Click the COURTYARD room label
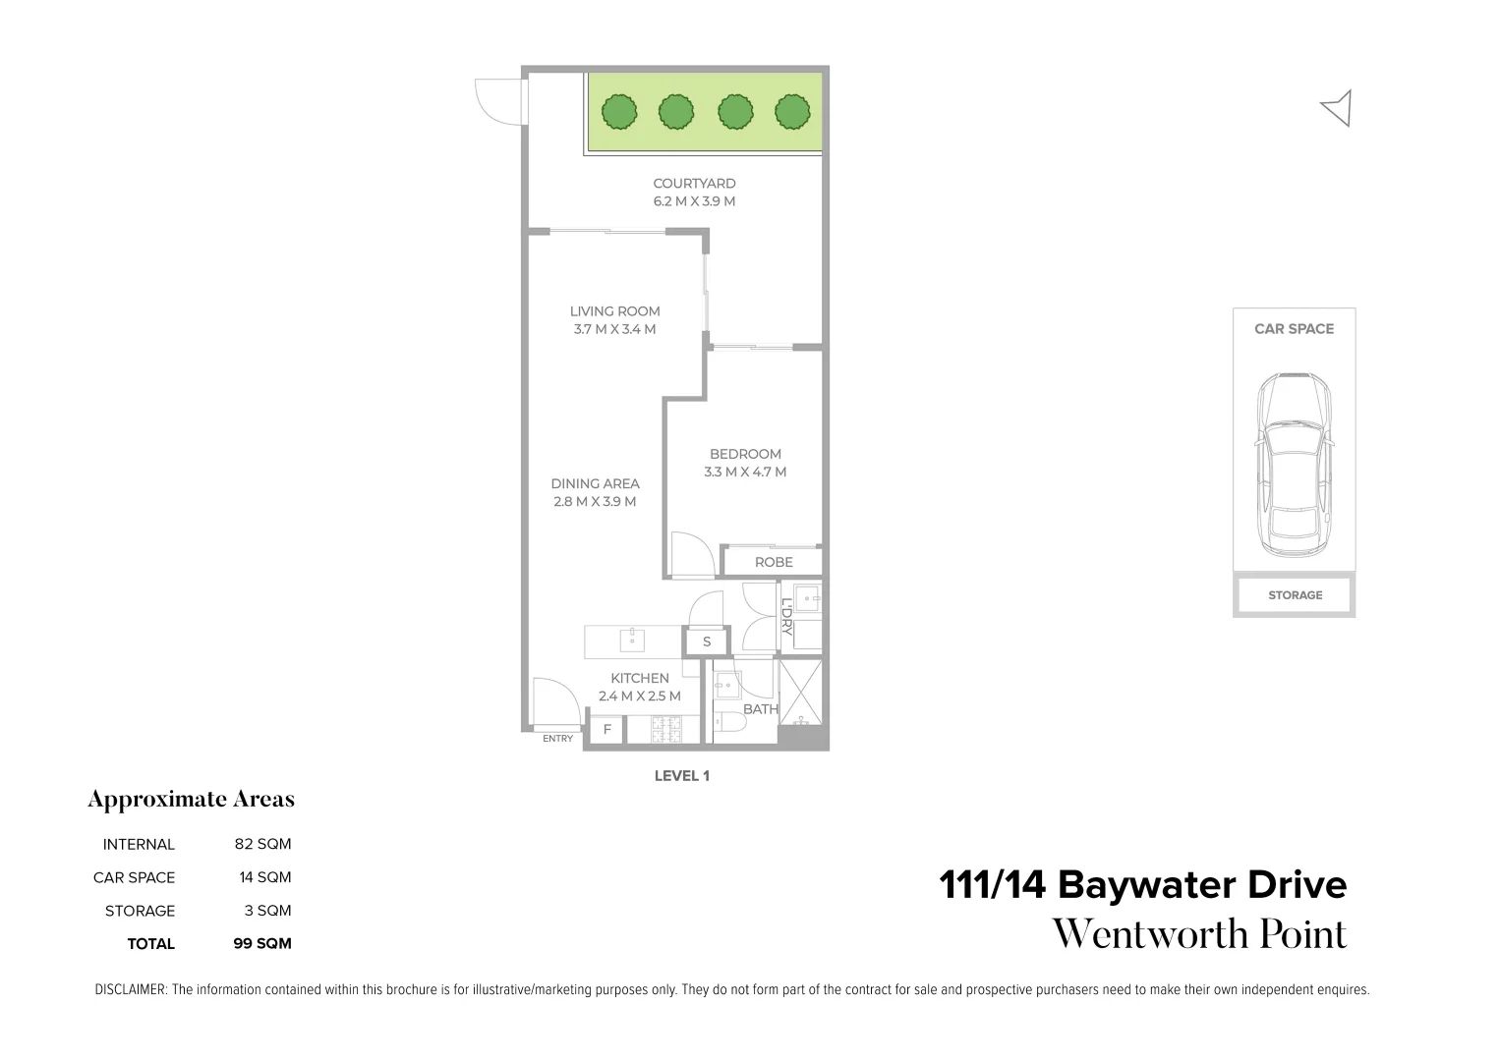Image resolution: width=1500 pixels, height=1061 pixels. pos(694,184)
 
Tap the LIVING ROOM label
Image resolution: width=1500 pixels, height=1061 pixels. pos(614,311)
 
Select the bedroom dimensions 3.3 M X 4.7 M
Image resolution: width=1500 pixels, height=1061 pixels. pos(745,472)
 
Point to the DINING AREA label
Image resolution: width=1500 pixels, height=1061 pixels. pos(595,483)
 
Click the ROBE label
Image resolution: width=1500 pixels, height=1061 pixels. pos(774,562)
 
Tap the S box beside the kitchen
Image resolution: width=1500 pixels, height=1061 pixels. pos(707,642)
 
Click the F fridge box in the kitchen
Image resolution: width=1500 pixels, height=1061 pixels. pos(606,730)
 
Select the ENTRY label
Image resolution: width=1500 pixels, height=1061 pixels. pos(557,739)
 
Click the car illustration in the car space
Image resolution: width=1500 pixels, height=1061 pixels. pos(1294,465)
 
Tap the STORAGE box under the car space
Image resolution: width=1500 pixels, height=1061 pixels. pos(1295,595)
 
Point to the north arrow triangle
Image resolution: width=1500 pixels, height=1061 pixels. pos(1337,108)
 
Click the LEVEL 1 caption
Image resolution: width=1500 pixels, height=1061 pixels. pos(682,776)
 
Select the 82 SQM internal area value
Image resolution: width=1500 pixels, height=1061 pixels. pos(262,844)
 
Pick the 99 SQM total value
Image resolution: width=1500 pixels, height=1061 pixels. pos(261,944)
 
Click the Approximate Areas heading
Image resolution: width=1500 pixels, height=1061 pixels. pos(191,800)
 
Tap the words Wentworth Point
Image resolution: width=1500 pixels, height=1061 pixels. pos(1199,934)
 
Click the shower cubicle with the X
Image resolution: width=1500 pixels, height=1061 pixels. pos(800,693)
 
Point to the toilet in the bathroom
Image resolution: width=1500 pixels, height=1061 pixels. pos(729,722)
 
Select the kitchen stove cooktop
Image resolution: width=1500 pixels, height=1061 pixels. pos(666,730)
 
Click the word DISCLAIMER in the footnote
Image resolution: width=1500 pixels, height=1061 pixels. pos(131,990)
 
